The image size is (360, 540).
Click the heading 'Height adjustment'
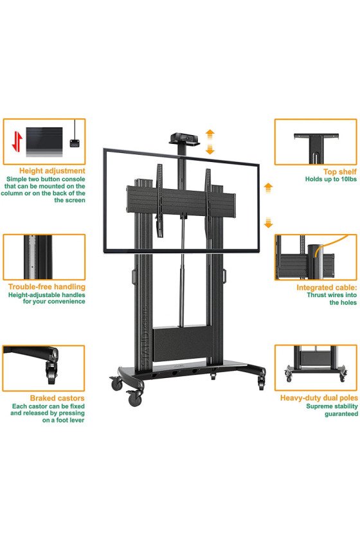coord(52,171)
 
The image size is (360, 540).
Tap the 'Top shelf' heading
coord(339,172)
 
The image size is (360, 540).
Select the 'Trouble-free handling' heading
coord(47,287)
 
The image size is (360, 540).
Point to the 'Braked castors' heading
coord(57,398)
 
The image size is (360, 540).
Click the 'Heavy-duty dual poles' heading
coord(319,398)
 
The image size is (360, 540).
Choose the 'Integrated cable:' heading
coord(327,287)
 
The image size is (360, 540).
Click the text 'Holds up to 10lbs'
coord(330,179)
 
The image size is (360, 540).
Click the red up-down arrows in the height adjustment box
coord(17,141)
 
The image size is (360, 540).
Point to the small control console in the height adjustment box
coord(75,143)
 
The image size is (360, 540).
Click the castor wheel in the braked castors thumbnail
coord(52,377)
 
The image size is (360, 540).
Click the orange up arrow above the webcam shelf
coord(210,134)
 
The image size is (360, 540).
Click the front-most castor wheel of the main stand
coord(134,399)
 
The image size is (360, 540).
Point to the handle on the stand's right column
coord(224,276)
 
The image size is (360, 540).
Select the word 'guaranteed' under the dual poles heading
coord(341,414)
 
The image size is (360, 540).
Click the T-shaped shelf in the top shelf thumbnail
coord(316,146)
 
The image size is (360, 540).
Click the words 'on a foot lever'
coord(63,420)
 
